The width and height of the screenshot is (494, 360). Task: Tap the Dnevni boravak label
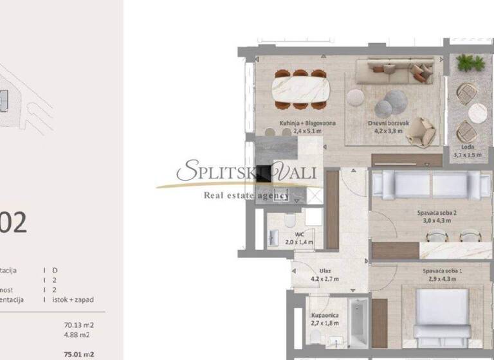pyautogui.click(x=385, y=122)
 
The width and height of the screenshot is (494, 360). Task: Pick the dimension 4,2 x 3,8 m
pyautogui.click(x=388, y=130)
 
